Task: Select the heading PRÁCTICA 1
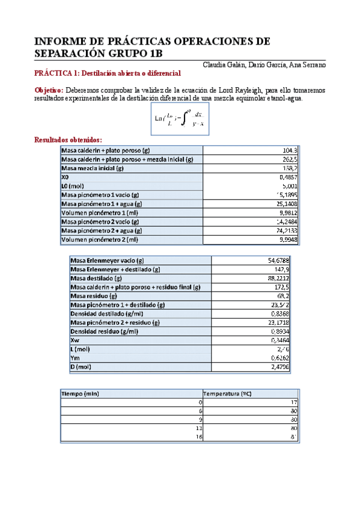(56, 73)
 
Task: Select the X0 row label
(66, 177)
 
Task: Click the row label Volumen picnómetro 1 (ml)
(101, 213)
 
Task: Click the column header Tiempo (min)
(80, 393)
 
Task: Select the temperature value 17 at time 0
(294, 402)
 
